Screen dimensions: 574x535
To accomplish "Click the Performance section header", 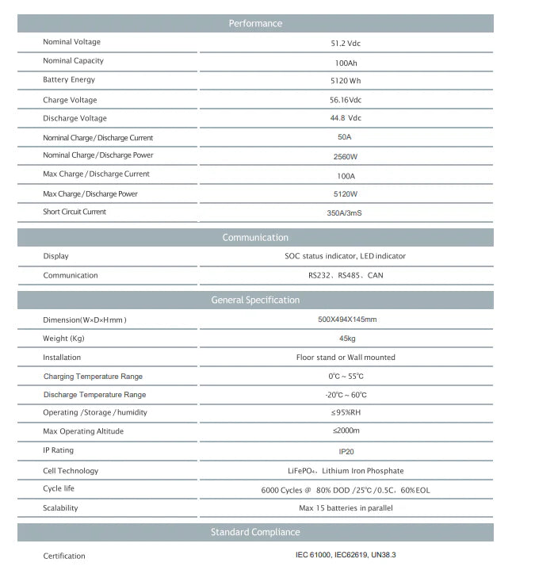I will pos(255,24).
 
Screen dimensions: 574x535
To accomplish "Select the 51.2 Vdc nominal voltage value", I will pos(346,44).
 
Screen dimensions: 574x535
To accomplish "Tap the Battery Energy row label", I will pos(69,80).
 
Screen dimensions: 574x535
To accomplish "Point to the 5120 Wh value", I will pos(346,81).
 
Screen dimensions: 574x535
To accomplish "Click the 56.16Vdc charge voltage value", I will pos(346,100).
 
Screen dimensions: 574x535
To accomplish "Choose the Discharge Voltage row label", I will pos(75,118).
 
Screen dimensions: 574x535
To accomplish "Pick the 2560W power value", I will pos(346,156).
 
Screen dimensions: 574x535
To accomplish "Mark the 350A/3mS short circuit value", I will pos(346,212).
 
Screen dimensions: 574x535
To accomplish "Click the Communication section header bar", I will pos(255,238).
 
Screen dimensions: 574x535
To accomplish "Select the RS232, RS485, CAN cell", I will pos(346,276).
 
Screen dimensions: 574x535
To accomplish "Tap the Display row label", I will pos(55,256).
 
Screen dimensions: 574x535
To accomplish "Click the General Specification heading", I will pos(255,300).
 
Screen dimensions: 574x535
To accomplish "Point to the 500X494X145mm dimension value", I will pos(346,320).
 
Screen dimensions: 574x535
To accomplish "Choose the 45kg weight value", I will pos(346,339).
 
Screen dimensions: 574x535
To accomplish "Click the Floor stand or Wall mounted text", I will pos(346,358).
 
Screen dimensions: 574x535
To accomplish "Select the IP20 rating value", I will pos(346,451).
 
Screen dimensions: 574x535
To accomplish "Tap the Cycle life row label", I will pos(59,488).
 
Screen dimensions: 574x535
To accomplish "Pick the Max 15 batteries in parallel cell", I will pos(346,508).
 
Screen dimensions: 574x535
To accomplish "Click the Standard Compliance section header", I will pos(255,532).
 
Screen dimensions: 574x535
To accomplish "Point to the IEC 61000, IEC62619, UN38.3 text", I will pos(346,556).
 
